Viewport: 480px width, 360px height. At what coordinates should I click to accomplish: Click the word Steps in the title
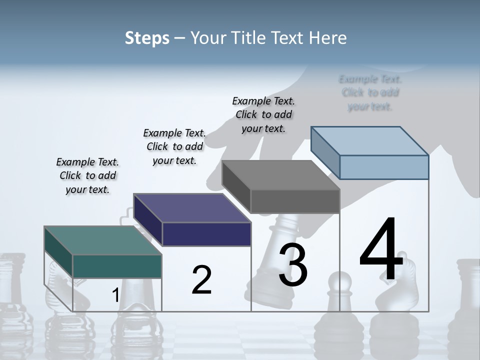147,38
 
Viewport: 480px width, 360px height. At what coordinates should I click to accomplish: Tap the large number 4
381,250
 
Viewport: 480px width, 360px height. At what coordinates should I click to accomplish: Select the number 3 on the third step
293,265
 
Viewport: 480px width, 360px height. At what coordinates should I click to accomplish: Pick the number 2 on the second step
201,280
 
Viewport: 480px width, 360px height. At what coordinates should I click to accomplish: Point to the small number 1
115,295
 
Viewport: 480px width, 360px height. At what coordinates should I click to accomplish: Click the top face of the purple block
192,208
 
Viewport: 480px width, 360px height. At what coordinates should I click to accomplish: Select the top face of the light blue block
370,141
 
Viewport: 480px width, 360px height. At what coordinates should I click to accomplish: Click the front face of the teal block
117,266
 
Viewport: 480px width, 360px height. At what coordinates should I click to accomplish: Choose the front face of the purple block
206,234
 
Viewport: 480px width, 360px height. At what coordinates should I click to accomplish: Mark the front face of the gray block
295,201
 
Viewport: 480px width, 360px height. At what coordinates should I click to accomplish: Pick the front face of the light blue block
384,167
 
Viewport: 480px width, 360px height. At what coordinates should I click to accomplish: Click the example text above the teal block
87,175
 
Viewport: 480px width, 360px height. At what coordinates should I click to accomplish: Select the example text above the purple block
174,146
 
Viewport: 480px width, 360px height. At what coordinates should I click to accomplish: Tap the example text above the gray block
263,114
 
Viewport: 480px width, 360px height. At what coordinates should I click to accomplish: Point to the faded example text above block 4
370,92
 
